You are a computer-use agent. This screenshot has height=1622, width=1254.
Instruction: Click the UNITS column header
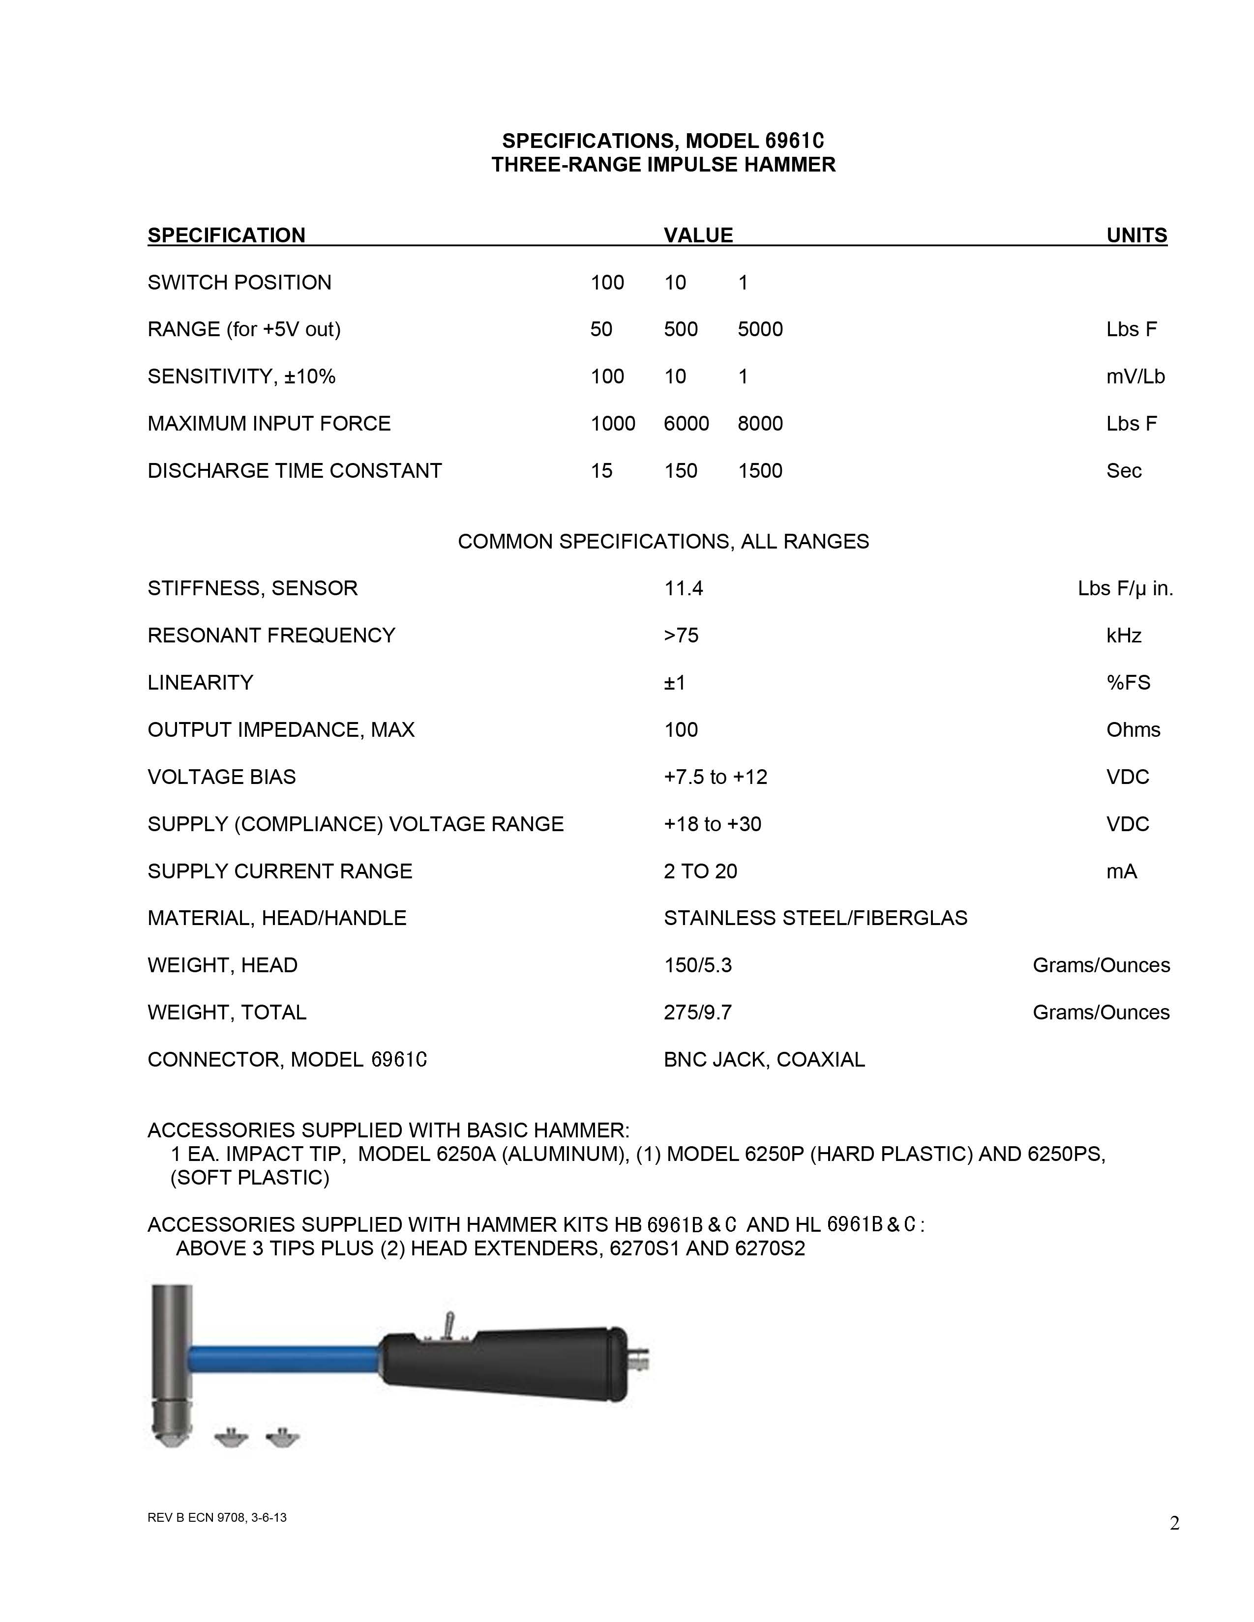tap(1136, 235)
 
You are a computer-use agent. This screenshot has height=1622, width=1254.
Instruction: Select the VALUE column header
tap(698, 235)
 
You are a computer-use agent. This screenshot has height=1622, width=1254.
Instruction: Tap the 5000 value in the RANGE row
tap(760, 329)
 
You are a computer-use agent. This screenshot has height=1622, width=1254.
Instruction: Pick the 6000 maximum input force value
tap(686, 423)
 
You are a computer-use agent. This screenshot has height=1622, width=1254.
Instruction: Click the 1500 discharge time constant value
tap(760, 471)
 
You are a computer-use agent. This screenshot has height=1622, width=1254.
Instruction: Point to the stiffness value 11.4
tap(683, 588)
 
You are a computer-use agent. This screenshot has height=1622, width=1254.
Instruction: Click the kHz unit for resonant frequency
tap(1123, 636)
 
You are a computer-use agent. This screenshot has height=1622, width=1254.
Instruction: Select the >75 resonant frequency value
tap(681, 636)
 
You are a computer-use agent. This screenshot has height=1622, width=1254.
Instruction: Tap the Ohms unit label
tap(1133, 729)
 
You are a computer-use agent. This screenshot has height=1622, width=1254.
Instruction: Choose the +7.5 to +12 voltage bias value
tap(716, 777)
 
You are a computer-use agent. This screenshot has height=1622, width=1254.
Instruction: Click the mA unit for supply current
tap(1121, 871)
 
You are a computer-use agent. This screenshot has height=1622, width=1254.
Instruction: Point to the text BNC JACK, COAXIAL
tap(764, 1059)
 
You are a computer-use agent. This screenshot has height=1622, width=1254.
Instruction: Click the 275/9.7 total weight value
tap(698, 1012)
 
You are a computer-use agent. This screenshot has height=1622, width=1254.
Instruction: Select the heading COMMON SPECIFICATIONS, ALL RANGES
tap(663, 542)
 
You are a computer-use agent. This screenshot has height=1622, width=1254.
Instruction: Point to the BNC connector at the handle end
tap(638, 1359)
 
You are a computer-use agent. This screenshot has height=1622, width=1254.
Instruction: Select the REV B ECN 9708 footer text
tap(217, 1517)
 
